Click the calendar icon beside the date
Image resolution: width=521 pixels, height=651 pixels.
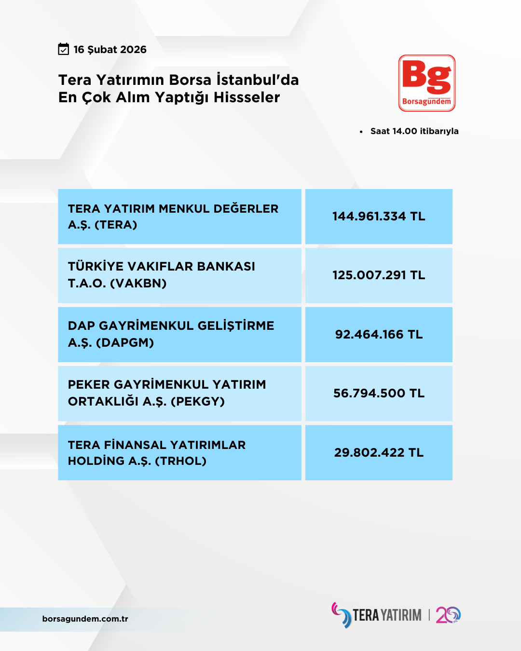(64, 49)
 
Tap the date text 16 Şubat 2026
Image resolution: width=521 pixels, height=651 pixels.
(110, 50)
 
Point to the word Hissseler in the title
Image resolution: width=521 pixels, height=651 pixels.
(247, 97)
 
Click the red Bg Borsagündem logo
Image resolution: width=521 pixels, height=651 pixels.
(427, 83)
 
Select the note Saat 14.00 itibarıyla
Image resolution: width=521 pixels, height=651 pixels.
(414, 131)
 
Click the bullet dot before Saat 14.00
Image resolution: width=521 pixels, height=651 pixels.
(361, 132)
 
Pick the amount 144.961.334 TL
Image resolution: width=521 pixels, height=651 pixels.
(379, 217)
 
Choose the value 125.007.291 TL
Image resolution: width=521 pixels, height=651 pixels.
(379, 275)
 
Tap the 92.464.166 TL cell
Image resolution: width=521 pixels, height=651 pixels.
(379, 335)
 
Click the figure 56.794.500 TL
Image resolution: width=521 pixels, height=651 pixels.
(379, 393)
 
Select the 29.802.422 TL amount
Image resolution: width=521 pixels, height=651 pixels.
(379, 453)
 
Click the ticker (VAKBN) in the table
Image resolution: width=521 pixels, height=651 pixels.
(138, 284)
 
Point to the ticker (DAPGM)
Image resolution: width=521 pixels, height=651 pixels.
(125, 343)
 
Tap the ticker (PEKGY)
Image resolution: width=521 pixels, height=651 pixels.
(198, 402)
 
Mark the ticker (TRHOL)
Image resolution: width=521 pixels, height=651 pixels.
(180, 461)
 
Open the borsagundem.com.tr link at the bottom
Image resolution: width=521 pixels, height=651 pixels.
(85, 619)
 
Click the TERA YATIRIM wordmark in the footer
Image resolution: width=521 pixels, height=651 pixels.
(387, 615)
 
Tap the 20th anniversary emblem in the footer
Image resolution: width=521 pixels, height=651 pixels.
(448, 615)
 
